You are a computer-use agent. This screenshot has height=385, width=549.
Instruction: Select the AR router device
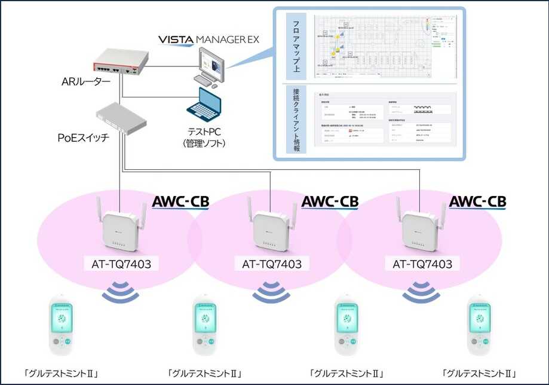pyautogui.click(x=120, y=62)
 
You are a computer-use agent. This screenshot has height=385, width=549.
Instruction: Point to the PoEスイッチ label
pyautogui.click(x=83, y=137)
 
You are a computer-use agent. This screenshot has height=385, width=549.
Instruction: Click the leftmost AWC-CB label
pyautogui.click(x=180, y=201)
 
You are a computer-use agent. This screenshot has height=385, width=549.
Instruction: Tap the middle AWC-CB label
pyautogui.click(x=329, y=201)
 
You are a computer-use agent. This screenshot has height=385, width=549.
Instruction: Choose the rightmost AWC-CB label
pyautogui.click(x=477, y=201)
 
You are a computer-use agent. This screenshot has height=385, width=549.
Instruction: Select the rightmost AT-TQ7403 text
pyautogui.click(x=422, y=264)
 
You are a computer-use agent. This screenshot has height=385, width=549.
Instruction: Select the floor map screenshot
pyautogui.click(x=383, y=47)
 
